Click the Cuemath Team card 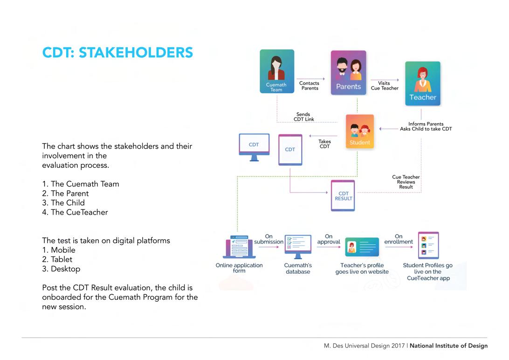[277, 71]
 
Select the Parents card [348, 73]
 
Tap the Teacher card [423, 83]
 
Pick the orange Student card [360, 132]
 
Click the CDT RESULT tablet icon [343, 196]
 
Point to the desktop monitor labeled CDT [254, 147]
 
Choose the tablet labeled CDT [290, 150]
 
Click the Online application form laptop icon [239, 247]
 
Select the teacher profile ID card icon [362, 247]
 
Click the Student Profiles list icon [428, 245]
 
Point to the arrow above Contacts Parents [310, 79]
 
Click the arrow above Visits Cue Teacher [385, 80]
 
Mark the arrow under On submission [269, 247]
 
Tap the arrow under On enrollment [399, 247]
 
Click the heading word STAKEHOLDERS [136, 53]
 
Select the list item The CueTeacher [75, 212]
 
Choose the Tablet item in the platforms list [57, 259]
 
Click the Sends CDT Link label [303, 117]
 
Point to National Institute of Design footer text [448, 346]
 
